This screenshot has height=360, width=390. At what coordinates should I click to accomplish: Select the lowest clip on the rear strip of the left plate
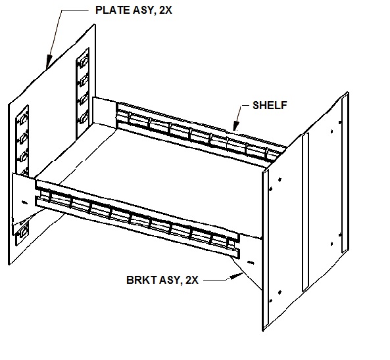coord(84,118)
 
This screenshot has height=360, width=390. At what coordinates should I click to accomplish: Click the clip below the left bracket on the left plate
coord(24,231)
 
